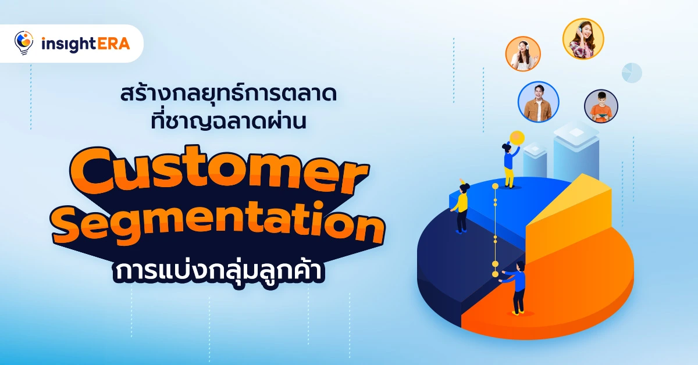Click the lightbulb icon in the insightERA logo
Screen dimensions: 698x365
(x=24, y=42)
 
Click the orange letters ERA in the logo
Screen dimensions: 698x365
(x=113, y=44)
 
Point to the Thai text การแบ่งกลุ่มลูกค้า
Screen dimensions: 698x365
(x=219, y=271)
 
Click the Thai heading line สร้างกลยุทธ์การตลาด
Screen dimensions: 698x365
(x=229, y=94)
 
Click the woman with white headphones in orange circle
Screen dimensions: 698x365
(x=523, y=54)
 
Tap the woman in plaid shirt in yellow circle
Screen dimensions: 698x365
(x=583, y=39)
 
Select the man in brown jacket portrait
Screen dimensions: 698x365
(x=538, y=102)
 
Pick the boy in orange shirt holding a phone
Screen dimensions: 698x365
(x=601, y=106)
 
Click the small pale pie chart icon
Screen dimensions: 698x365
(x=632, y=73)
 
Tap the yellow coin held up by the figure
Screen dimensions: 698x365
(x=517, y=138)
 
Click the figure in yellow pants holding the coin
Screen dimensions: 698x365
(x=510, y=165)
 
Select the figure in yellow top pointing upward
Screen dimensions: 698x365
(x=461, y=206)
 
